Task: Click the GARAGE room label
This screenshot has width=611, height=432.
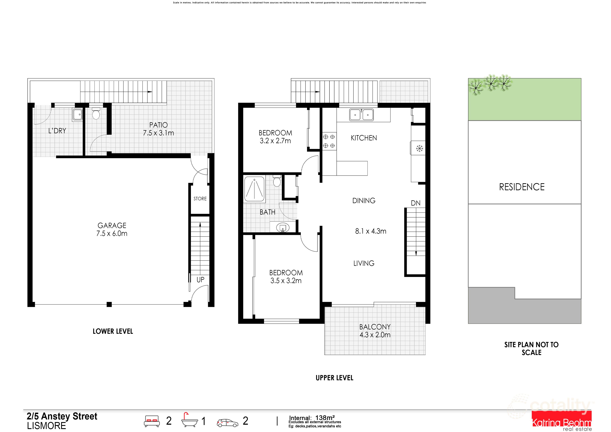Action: click(112, 225)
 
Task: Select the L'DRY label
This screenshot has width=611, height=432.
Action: click(57, 131)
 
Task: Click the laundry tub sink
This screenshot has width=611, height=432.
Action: click(78, 115)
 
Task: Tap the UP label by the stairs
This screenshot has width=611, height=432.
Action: click(200, 280)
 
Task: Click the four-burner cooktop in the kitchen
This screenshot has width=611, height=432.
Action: click(329, 141)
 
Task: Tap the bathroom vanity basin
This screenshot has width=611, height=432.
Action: click(283, 227)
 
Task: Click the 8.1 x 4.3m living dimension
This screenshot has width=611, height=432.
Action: click(370, 231)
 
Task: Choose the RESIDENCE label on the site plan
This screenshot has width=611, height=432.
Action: click(522, 187)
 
